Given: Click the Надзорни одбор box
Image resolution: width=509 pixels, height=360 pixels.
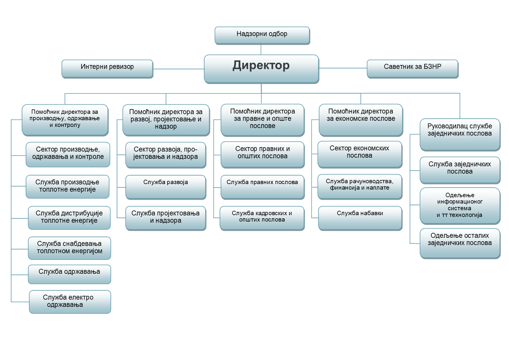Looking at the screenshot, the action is (262, 36).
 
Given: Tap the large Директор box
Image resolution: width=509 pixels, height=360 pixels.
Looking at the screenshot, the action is (261, 69).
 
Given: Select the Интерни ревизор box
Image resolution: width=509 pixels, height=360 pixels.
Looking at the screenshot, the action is (107, 69).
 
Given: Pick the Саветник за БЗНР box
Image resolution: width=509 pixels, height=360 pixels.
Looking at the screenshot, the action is (413, 69).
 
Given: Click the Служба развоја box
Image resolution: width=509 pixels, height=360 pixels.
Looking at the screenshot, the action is (166, 187).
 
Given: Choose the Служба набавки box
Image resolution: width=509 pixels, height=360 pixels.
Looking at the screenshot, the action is (360, 218).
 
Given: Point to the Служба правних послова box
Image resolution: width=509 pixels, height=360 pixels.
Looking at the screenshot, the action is (263, 187).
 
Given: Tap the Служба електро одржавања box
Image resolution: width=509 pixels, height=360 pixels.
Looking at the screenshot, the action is (70, 302).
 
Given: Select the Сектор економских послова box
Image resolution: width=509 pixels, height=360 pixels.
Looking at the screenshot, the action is (360, 155).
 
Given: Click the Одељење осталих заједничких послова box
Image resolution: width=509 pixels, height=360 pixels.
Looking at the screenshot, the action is (460, 244).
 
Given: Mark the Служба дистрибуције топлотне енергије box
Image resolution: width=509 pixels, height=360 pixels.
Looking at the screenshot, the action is (69, 218).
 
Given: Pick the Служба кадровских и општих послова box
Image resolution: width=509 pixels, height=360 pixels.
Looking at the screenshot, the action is (262, 218).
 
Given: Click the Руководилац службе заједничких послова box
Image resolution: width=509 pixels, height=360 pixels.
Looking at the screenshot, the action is (460, 135).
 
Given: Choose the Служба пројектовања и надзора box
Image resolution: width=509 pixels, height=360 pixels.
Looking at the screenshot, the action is (166, 218).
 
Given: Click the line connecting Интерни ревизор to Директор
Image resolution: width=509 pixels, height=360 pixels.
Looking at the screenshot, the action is (179, 69).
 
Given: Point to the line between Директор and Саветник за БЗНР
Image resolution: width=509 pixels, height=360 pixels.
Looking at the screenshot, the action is (343, 68).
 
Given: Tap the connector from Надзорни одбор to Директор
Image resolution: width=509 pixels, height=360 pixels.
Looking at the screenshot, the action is (261, 50).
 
